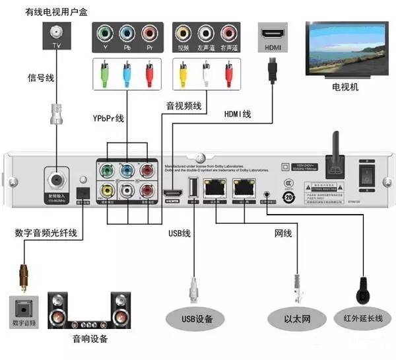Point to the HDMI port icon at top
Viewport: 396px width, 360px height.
pyautogui.click(x=273, y=33)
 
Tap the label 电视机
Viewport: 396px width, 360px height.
pyautogui.click(x=345, y=87)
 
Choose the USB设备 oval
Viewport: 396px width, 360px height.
pyautogui.click(x=197, y=320)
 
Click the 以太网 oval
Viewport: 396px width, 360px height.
pyautogui.click(x=298, y=320)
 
